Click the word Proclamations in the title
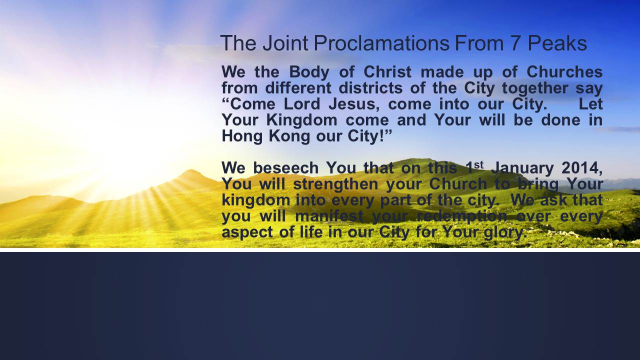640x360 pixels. point(381,43)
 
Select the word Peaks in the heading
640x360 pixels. point(557,43)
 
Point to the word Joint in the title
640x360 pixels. point(285,43)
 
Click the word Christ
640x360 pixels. point(387,71)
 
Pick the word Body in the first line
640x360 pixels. point(309,72)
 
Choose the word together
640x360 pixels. point(535,88)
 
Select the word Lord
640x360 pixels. point(302,104)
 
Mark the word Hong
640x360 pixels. point(242,136)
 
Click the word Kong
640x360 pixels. point(289,136)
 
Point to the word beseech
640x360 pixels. point(285,168)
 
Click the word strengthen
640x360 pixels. point(335,184)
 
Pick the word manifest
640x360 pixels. point(329,216)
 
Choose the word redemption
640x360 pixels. point(461,217)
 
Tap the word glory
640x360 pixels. point(505,233)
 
